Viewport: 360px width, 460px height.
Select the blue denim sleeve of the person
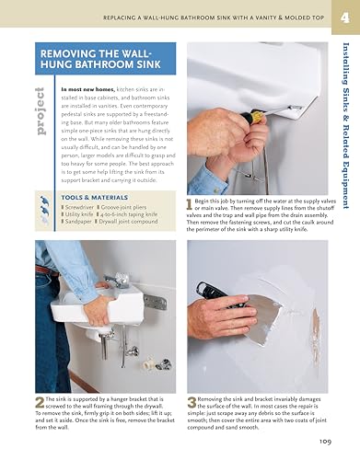60,258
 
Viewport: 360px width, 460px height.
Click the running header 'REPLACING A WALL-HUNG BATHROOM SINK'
226,17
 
